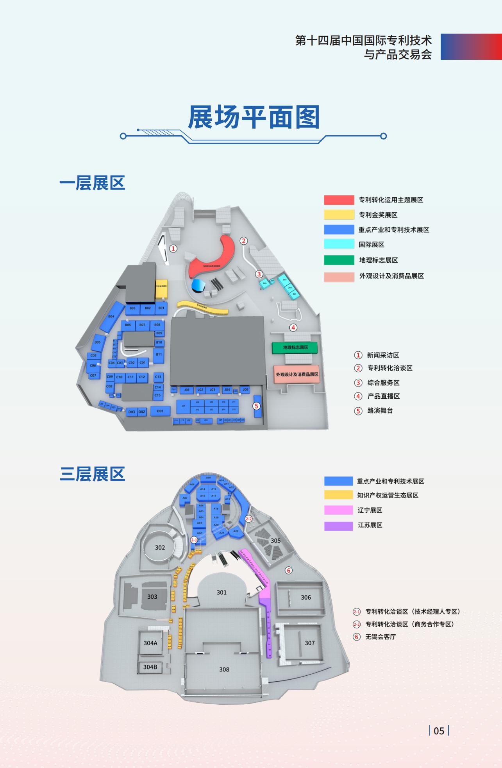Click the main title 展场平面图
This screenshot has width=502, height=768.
(x=254, y=117)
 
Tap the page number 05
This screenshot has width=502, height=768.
(x=439, y=731)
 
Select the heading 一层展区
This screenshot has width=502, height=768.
(x=92, y=183)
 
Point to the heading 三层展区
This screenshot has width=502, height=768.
(x=92, y=474)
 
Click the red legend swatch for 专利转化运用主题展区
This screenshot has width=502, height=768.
(x=339, y=200)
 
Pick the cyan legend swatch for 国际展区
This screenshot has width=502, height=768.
(x=339, y=244)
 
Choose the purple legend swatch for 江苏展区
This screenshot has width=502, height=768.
(x=338, y=525)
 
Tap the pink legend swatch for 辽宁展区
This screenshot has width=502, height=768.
(x=338, y=510)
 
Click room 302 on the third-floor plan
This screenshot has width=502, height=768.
(x=160, y=548)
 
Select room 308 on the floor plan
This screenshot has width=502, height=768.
(x=224, y=670)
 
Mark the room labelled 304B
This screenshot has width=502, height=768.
(x=150, y=667)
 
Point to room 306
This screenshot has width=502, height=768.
(x=306, y=597)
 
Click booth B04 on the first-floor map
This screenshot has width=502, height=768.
(x=111, y=317)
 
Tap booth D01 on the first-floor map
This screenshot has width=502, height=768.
(x=160, y=411)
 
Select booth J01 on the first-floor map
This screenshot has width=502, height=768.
(x=187, y=390)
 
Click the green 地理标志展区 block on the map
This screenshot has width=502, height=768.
(x=295, y=347)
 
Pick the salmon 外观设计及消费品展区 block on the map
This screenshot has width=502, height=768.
(x=297, y=374)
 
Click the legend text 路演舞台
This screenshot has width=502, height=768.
(x=380, y=411)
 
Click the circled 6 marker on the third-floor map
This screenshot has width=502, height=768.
(x=289, y=570)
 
